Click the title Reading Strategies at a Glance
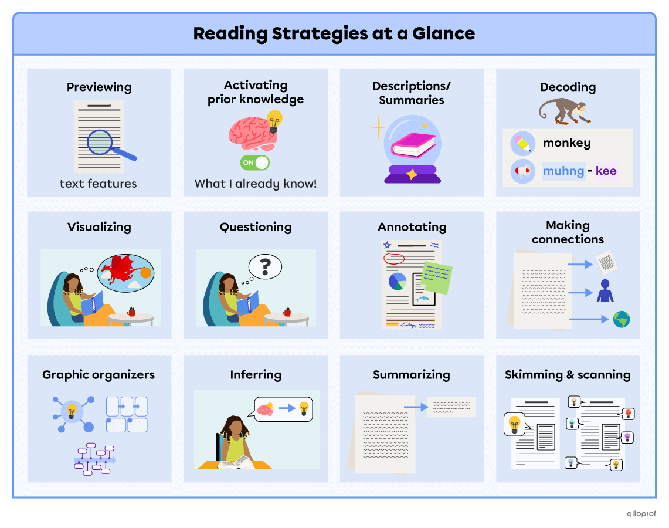click(334, 33)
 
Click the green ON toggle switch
click(255, 163)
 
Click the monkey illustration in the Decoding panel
click(565, 111)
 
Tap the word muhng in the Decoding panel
click(563, 171)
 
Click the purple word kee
click(606, 171)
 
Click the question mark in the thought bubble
click(265, 267)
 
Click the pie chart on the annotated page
click(398, 282)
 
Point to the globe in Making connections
click(621, 319)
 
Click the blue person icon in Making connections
click(605, 291)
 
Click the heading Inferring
click(256, 375)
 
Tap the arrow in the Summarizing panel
click(416, 407)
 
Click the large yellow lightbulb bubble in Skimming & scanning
click(514, 424)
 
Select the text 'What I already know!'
click(256, 184)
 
